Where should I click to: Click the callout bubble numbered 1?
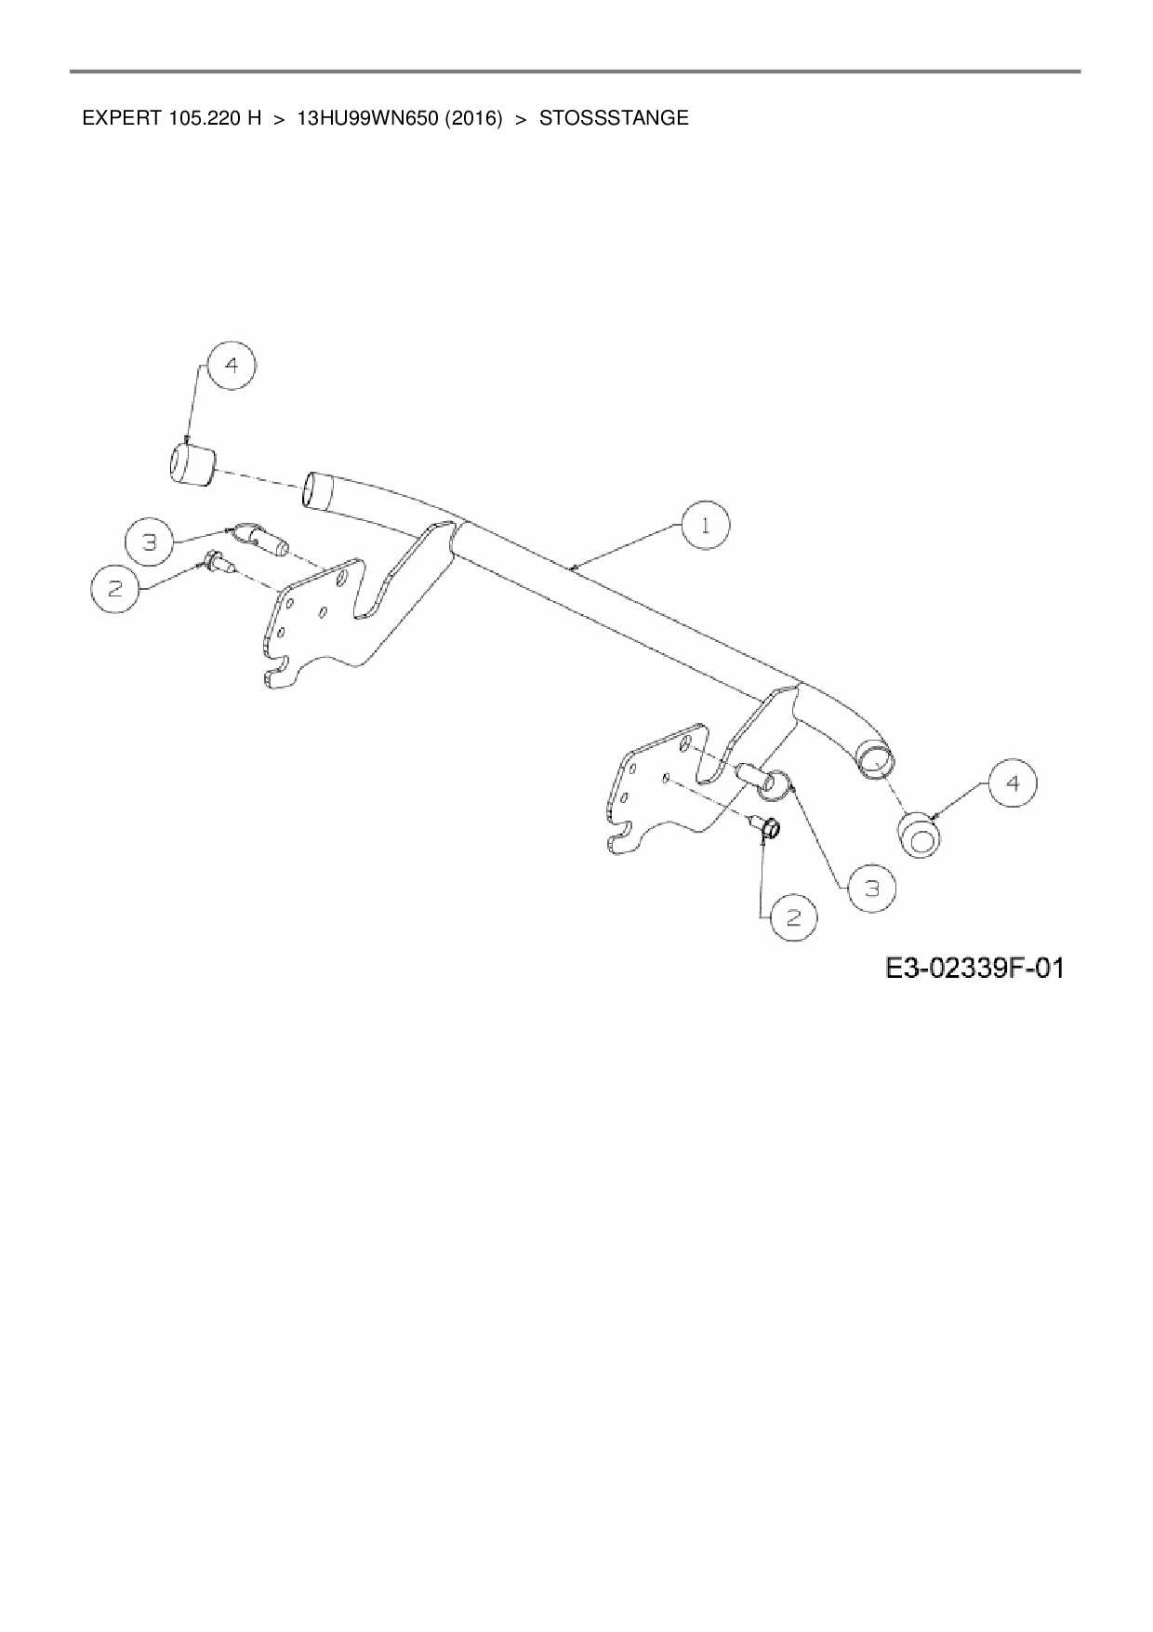706,526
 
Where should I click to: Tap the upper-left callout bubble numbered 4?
232,366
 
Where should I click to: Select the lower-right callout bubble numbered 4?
1013,784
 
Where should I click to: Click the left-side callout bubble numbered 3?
150,541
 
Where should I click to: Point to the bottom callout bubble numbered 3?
871,889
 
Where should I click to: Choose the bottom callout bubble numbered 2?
793,917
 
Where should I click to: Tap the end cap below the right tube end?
920,835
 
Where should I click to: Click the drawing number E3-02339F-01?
974,969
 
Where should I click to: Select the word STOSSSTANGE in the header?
614,119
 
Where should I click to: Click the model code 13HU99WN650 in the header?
366,119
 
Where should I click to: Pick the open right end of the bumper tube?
875,759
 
